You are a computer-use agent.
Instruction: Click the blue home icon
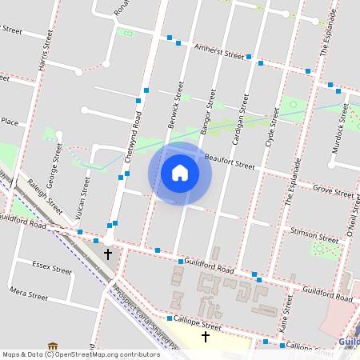click(180, 172)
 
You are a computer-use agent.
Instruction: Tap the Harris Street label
click(45, 50)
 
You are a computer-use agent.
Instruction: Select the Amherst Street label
click(219, 52)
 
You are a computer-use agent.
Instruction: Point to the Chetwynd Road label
click(138, 137)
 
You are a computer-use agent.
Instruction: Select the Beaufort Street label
click(230, 162)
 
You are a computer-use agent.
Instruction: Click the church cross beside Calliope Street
click(205, 337)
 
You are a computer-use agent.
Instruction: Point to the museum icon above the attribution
click(53, 347)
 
